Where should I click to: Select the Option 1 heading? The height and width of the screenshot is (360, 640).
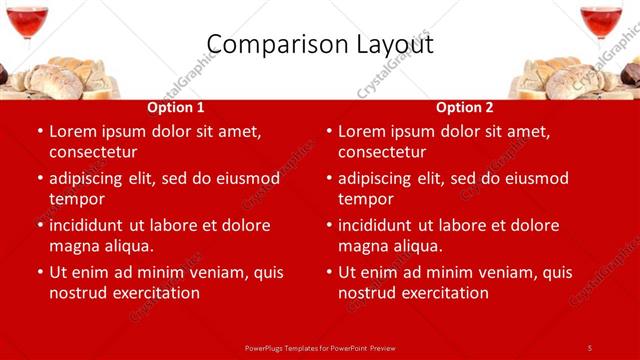[176, 108]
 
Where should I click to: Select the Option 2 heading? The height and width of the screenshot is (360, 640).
[465, 108]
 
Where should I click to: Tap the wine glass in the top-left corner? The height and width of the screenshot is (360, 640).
[26, 22]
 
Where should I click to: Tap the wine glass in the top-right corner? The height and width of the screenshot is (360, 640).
[601, 22]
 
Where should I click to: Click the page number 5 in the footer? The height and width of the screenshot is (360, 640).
[590, 347]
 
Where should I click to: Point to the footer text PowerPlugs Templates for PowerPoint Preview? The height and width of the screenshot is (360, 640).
[320, 347]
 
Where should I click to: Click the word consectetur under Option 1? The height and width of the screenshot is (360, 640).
[93, 152]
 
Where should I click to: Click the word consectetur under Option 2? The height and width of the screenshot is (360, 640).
[382, 152]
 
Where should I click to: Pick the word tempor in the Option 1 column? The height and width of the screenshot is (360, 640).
[76, 199]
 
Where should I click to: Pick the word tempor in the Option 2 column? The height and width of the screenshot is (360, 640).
[365, 199]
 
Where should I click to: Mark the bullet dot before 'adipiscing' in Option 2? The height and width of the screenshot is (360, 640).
[329, 179]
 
